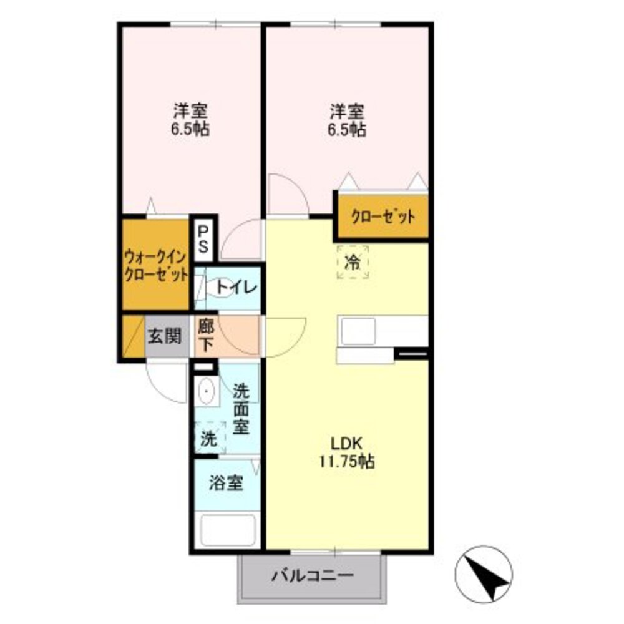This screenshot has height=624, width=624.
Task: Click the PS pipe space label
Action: pos(203,238)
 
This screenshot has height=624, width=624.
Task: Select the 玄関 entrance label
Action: pos(165,336)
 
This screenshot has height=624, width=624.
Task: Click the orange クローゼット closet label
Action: pos(383,217)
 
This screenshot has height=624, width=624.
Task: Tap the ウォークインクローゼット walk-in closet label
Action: pos(155,265)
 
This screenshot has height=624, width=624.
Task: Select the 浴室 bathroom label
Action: pos(226,482)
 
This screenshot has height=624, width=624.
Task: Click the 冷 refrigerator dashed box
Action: pos(353,262)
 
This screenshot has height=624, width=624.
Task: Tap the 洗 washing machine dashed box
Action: pos(208,438)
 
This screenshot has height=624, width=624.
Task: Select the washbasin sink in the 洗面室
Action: pos(207,393)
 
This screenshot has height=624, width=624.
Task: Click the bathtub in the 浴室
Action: pos(228,530)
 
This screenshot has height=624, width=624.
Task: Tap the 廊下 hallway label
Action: pos(207,335)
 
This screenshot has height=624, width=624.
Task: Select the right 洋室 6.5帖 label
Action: pos(348,120)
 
